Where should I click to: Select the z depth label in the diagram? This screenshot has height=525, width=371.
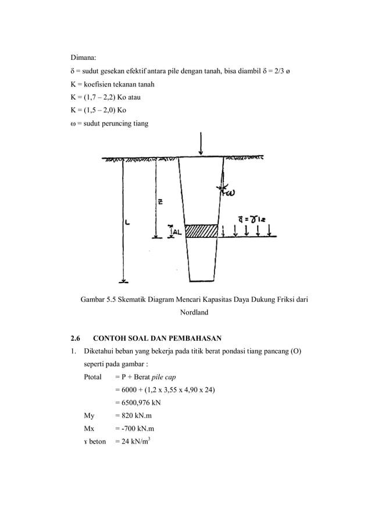point(159,202)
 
